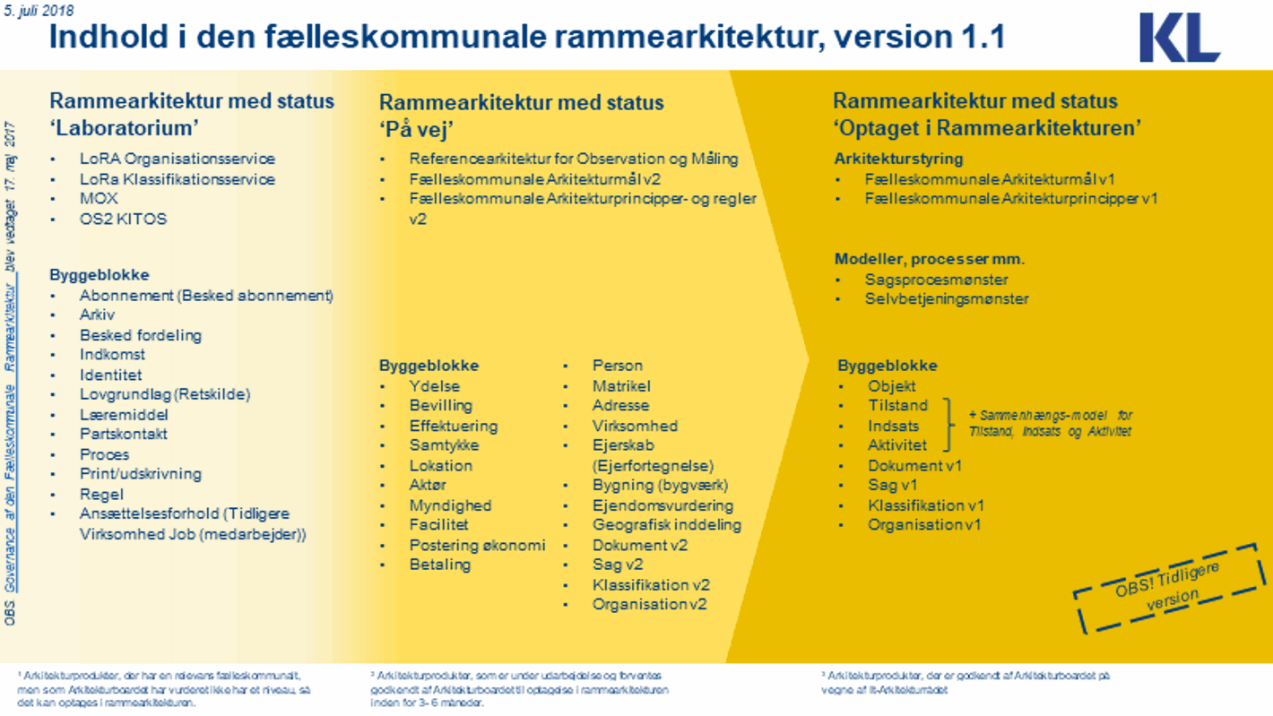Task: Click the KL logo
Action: click(1179, 38)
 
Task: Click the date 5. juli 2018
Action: click(39, 11)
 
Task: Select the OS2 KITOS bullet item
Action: click(123, 219)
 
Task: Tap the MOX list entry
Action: click(99, 198)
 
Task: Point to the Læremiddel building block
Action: click(124, 415)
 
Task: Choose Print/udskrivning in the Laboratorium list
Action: click(140, 474)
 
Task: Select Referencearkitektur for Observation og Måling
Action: click(574, 159)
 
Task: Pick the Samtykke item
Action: click(444, 445)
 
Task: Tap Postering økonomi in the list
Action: click(477, 545)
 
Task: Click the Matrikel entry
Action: click(621, 386)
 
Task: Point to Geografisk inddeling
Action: click(666, 525)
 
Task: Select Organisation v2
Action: click(649, 604)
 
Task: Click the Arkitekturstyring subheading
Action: click(898, 159)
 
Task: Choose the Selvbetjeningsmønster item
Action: click(946, 299)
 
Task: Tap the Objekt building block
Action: click(891, 386)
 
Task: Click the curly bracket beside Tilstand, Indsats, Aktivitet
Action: click(950, 426)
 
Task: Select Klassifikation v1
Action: click(925, 505)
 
